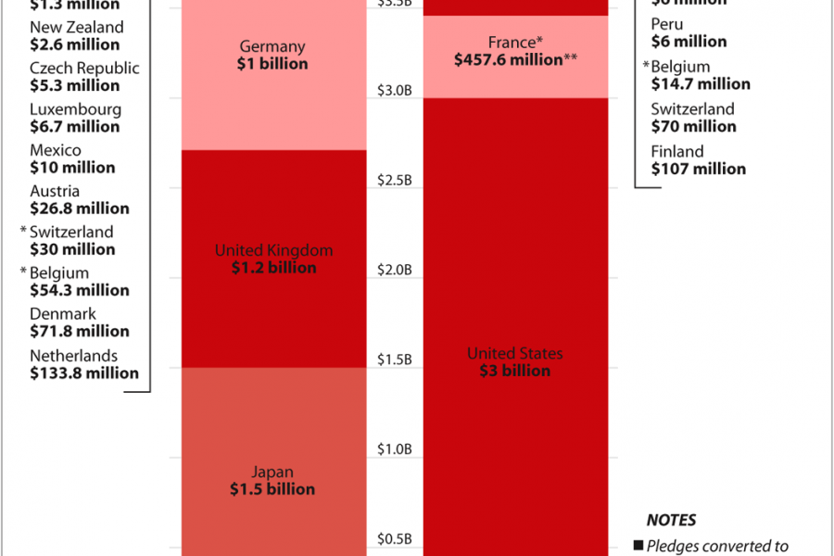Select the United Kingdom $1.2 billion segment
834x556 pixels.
(x=272, y=259)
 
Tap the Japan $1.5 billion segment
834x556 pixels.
(x=272, y=463)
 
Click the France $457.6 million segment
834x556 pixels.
(x=514, y=56)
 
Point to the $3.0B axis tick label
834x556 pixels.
(x=395, y=90)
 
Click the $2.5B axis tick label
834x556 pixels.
(x=395, y=180)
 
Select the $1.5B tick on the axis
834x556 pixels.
(x=395, y=360)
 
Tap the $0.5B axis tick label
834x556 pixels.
(x=395, y=539)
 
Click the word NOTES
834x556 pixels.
(x=671, y=521)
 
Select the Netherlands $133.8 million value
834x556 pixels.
(x=84, y=373)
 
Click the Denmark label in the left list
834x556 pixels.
(x=62, y=314)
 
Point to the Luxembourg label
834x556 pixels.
(x=75, y=109)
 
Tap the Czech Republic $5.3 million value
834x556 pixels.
(x=74, y=85)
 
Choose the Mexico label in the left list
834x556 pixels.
(x=56, y=150)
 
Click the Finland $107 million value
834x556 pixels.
(x=698, y=169)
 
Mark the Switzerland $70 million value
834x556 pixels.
(x=693, y=126)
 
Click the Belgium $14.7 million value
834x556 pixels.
(x=700, y=84)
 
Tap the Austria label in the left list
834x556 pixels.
(x=55, y=191)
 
